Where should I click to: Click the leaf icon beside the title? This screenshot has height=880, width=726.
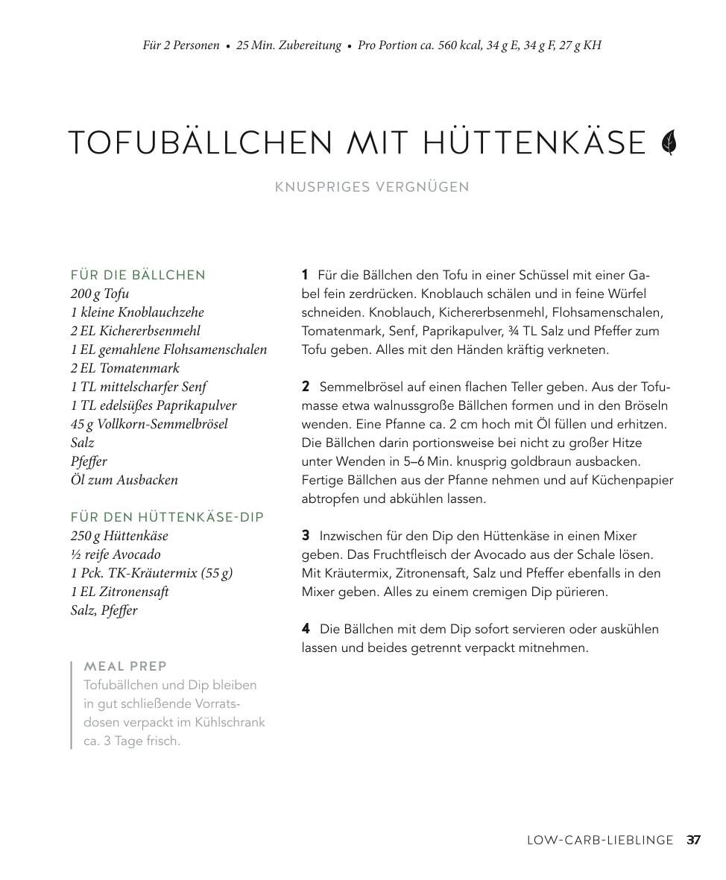tap(669, 142)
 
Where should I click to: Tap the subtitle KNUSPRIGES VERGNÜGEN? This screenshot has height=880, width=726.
tap(372, 187)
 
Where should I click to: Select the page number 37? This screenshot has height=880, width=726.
tap(693, 840)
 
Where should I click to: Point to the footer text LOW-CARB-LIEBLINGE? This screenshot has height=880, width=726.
tap(599, 840)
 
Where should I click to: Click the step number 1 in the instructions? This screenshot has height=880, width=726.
tap(305, 275)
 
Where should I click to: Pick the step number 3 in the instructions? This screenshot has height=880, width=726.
tap(306, 536)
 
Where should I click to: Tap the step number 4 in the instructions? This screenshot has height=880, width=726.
tap(306, 629)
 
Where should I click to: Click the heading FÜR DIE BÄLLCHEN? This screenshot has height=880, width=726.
tap(138, 275)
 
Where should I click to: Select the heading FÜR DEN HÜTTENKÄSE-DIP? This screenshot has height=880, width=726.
tap(167, 517)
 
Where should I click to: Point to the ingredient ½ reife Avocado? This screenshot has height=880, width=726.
tap(116, 554)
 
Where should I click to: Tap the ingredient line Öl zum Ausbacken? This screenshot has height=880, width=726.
tap(124, 480)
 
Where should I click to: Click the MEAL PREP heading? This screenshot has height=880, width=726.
tap(125, 666)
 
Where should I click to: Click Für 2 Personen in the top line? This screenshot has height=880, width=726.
tap(181, 45)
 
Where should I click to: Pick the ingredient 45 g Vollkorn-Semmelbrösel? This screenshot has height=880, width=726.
tap(149, 424)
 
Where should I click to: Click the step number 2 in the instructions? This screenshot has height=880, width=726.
tap(306, 387)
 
